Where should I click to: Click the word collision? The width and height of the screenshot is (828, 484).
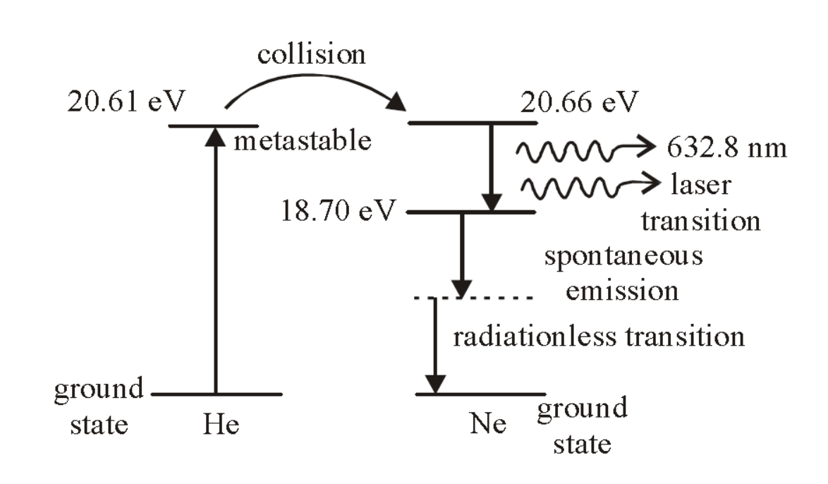(x=311, y=54)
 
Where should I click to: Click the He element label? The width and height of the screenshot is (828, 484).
(x=216, y=425)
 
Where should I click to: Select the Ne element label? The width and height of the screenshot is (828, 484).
(x=487, y=425)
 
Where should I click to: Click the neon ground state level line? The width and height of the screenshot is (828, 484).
(x=480, y=394)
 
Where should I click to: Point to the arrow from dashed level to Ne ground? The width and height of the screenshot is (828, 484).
(x=437, y=346)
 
